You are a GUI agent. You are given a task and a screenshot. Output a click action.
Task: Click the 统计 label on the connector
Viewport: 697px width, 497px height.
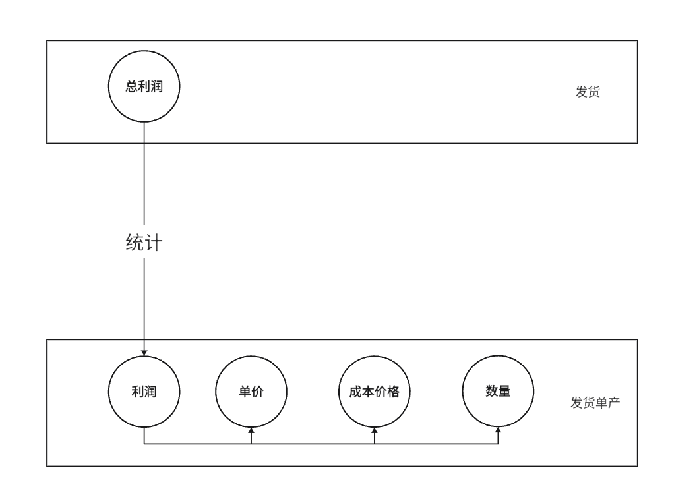[144, 243]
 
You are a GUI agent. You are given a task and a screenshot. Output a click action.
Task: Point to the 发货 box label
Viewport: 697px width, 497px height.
[588, 92]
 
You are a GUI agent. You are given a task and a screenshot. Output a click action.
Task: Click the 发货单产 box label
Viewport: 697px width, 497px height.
[595, 402]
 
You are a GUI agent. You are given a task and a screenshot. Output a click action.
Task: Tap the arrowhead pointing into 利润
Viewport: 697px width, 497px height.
[144, 353]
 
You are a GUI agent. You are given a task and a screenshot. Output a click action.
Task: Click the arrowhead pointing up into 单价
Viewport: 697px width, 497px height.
[251, 430]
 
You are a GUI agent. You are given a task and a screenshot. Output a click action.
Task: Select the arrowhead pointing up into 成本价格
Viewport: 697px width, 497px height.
[375, 430]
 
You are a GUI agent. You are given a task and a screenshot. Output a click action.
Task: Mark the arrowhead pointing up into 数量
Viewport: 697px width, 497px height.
[498, 430]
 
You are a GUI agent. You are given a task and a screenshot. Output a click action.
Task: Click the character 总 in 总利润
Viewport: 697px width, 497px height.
[132, 86]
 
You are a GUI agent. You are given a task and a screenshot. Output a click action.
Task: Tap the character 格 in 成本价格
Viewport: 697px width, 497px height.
[394, 392]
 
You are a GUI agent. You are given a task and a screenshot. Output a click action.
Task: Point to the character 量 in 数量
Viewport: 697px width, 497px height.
[504, 391]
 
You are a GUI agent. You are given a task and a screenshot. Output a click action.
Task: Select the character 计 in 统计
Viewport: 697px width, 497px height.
[154, 243]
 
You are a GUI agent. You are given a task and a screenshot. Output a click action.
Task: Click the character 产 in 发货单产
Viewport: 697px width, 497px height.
[614, 402]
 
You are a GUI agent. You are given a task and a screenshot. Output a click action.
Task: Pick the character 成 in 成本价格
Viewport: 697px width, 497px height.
[355, 392]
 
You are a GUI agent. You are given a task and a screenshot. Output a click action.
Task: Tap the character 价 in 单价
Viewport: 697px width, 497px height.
[257, 392]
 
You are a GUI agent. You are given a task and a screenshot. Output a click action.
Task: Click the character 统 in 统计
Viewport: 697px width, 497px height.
[135, 243]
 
